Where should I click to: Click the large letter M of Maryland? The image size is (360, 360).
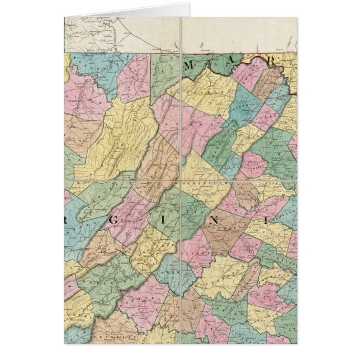coord(188,67)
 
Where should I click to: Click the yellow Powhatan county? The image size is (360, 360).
coord(272,274)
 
